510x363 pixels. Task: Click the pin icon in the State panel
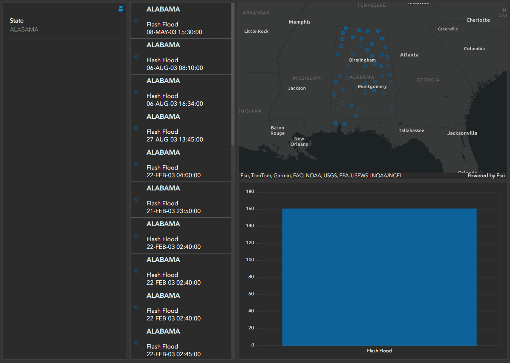[121, 9]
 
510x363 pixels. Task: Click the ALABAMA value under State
[24, 29]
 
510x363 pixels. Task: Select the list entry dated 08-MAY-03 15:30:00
[174, 32]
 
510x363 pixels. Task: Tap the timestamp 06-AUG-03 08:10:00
[175, 68]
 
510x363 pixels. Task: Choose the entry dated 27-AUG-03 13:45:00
[174, 139]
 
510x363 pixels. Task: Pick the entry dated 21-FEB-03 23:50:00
[173, 211]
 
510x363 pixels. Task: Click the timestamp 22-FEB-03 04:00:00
[173, 175]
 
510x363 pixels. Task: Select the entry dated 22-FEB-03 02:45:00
[173, 354]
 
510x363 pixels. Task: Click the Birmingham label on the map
[362, 60]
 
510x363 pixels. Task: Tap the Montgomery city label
[372, 86]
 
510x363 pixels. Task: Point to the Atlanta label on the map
[409, 55]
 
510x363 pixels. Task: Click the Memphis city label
[300, 22]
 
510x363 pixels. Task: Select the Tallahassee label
[411, 130]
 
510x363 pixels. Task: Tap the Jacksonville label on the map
[462, 133]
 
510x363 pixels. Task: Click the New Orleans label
[299, 141]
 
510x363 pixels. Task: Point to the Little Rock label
[256, 31]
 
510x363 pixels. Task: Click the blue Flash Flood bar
[379, 277]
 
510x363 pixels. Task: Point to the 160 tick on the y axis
[250, 209]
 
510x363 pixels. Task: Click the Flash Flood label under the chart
[379, 351]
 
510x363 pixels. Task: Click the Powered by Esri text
[486, 176]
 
